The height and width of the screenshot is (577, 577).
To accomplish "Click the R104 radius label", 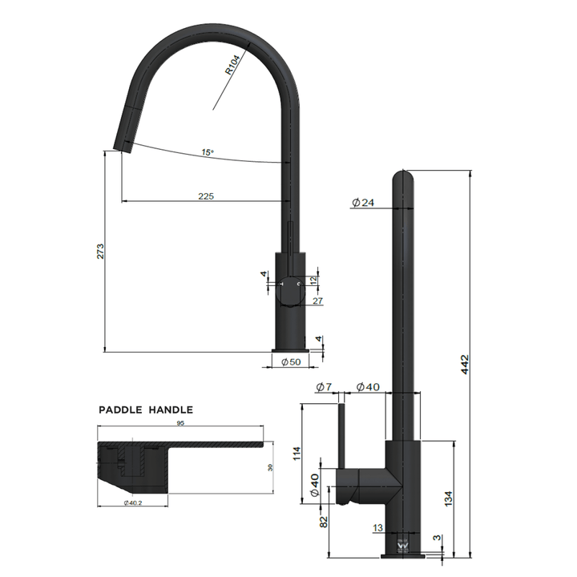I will click(x=233, y=65).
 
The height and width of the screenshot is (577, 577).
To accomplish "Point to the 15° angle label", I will click(x=207, y=151).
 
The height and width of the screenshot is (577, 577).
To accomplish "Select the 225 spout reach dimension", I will click(x=206, y=196).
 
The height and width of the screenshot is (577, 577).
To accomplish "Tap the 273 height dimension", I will click(x=99, y=252).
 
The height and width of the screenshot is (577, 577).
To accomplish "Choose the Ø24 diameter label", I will click(x=362, y=203).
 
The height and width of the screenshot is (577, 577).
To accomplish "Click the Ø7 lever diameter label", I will click(x=323, y=387).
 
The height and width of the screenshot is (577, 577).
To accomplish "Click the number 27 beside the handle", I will click(x=317, y=301).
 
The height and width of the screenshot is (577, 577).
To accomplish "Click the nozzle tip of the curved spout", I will click(x=123, y=144).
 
